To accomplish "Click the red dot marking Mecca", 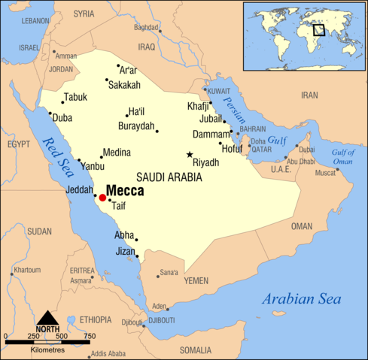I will [102, 198].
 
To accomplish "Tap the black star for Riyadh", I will [190, 155].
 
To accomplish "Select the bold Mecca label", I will [125, 191].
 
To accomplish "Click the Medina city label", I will [117, 152].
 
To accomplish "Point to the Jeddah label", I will [80, 189].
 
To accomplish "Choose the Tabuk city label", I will [75, 97].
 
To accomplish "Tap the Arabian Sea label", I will [301, 299].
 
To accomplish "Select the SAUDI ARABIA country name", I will [169, 177].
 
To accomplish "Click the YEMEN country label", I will [196, 280].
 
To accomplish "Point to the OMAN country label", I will [301, 226].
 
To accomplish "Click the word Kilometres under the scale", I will [47, 350].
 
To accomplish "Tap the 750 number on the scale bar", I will [89, 335].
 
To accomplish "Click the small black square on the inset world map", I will [319, 30].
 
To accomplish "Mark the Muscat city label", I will [325, 173].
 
